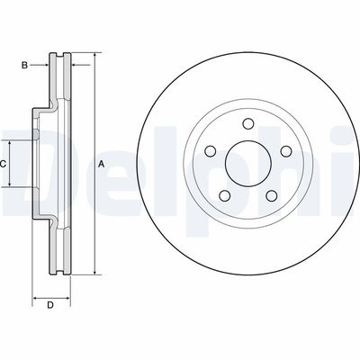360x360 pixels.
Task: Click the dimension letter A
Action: tap(102, 164)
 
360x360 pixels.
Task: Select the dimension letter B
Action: tap(25, 64)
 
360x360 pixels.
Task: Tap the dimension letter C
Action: tap(4, 164)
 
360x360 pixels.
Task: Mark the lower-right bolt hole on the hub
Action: tap(264, 193)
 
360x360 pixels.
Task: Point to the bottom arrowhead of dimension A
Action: tap(92, 272)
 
